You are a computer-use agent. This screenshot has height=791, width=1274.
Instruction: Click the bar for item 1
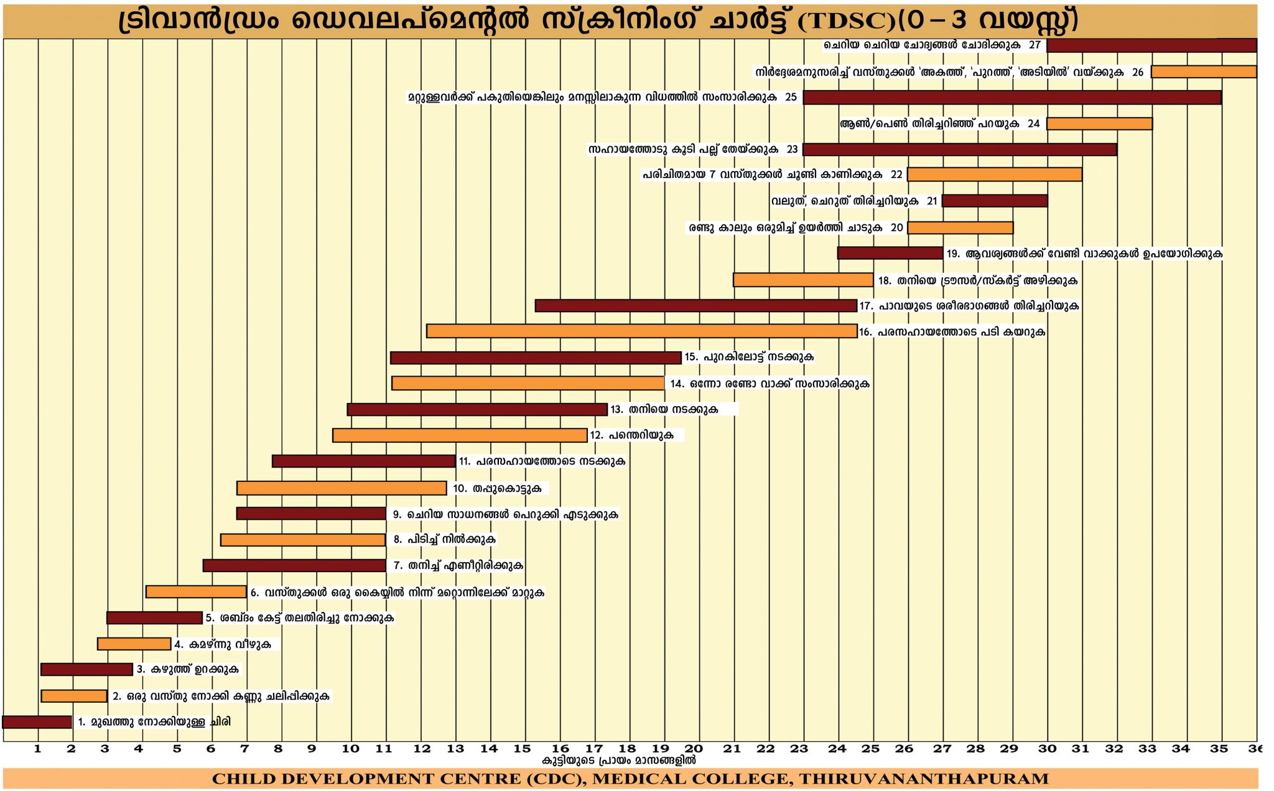[x=37, y=722]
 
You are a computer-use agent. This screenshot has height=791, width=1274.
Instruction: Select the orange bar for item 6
[x=196, y=592]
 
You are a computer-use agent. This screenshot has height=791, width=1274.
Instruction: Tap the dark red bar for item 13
[x=477, y=410]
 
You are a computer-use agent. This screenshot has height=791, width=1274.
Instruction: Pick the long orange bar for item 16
[x=641, y=331]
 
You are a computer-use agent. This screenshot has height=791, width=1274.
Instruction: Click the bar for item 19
[x=890, y=253]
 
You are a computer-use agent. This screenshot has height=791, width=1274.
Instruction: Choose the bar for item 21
[x=994, y=201]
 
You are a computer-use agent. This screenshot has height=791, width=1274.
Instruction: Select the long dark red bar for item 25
[x=1011, y=98]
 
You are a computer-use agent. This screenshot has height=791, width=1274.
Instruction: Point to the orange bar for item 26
[x=1203, y=72]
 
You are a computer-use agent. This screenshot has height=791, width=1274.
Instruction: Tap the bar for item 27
[x=1151, y=45]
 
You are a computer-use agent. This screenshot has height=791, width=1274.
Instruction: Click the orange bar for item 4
[x=134, y=644]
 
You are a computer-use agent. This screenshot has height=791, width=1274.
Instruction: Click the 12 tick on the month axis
[x=422, y=749]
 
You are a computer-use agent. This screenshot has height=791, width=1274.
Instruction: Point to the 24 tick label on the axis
[x=837, y=749]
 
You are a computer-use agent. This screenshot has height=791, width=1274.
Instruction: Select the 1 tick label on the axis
[x=38, y=749]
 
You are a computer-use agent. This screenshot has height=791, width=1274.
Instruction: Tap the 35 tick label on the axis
[x=1219, y=749]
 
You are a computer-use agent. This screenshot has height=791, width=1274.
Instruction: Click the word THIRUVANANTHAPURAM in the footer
[x=924, y=779]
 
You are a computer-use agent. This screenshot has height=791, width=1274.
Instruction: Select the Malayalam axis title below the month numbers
[x=618, y=761]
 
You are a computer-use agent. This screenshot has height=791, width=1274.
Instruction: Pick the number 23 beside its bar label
[x=792, y=150]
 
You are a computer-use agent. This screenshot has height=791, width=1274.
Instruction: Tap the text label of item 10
[x=497, y=489]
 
